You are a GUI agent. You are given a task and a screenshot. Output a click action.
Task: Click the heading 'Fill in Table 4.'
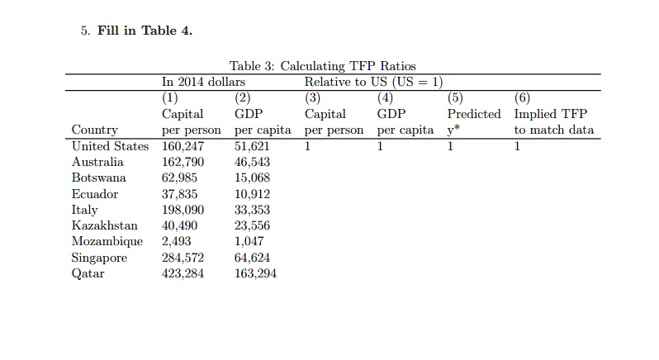(x=145, y=31)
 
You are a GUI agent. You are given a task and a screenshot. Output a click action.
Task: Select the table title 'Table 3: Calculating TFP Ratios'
(x=322, y=66)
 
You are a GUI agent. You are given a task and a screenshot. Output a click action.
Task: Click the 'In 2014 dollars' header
(x=203, y=82)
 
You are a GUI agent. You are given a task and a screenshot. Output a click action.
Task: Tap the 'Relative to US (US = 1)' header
(x=373, y=82)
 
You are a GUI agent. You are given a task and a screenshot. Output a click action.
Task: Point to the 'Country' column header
(x=95, y=130)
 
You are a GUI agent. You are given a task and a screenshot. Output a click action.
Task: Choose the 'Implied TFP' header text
(x=550, y=114)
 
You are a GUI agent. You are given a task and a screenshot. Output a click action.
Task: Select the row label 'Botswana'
(x=99, y=178)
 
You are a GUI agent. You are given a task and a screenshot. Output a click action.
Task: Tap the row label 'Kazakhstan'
(x=104, y=225)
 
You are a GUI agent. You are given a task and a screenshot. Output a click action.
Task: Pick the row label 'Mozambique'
(x=107, y=241)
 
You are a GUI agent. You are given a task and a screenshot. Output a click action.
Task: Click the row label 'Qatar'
(x=88, y=273)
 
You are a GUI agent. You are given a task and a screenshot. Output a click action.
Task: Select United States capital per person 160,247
(x=183, y=146)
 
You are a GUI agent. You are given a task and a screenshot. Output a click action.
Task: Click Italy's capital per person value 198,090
(x=183, y=210)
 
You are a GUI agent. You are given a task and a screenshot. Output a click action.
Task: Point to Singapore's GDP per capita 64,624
(x=253, y=258)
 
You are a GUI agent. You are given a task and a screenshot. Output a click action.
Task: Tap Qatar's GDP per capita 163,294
(x=256, y=273)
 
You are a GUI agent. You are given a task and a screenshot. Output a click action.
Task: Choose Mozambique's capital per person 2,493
(x=176, y=241)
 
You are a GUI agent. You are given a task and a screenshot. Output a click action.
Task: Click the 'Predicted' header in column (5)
(x=474, y=114)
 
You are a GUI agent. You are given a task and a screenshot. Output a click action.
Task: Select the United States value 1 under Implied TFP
(x=517, y=146)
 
